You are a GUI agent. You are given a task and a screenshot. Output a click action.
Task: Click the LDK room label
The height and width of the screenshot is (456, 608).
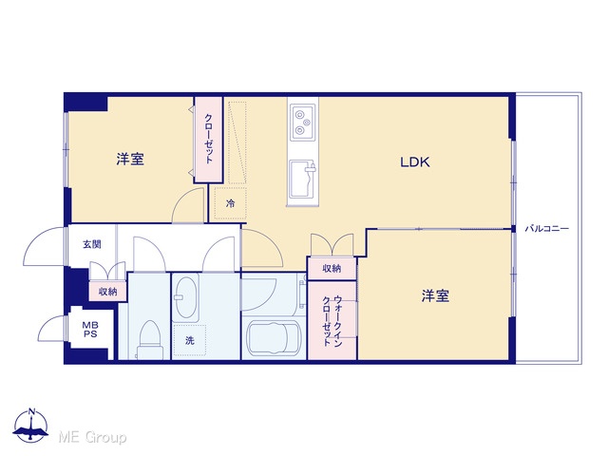pyautogui.click(x=415, y=162)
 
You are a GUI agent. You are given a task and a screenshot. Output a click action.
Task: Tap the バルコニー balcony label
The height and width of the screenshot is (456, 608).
pyautogui.click(x=547, y=228)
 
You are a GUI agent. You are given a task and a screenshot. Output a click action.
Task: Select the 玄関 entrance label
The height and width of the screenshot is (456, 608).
pyautogui.click(x=92, y=244)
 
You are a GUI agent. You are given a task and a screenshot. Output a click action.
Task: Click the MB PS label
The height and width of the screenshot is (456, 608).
pyautogui.click(x=90, y=330)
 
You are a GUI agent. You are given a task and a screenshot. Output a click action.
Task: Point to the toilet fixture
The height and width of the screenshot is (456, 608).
pyautogui.click(x=149, y=339)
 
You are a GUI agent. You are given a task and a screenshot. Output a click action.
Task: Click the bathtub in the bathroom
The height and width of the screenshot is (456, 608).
pyautogui.click(x=275, y=337)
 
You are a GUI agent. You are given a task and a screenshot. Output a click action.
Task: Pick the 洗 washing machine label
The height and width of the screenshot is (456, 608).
pyautogui.click(x=189, y=341)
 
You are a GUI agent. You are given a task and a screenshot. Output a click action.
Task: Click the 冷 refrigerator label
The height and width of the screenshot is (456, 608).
pyautogui.click(x=230, y=203)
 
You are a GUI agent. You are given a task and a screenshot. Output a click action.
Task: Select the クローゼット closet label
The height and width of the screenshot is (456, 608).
pyautogui.click(x=209, y=139)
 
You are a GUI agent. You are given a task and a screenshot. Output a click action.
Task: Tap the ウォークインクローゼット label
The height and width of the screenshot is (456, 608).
pyautogui.click(x=332, y=321)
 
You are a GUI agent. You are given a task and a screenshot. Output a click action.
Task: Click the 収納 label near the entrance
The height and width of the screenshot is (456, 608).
pyautogui.click(x=107, y=292)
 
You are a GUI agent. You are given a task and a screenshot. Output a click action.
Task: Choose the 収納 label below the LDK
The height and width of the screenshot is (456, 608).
pyautogui.click(x=332, y=268)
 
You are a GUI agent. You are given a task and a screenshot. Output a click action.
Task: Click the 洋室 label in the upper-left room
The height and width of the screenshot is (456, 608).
pyautogui.click(x=130, y=160)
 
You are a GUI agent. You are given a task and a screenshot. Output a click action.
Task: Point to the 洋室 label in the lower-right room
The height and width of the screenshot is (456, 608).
pyautogui.click(x=435, y=295)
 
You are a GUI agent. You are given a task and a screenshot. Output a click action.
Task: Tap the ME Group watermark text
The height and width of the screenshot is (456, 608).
pyautogui.click(x=92, y=438)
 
